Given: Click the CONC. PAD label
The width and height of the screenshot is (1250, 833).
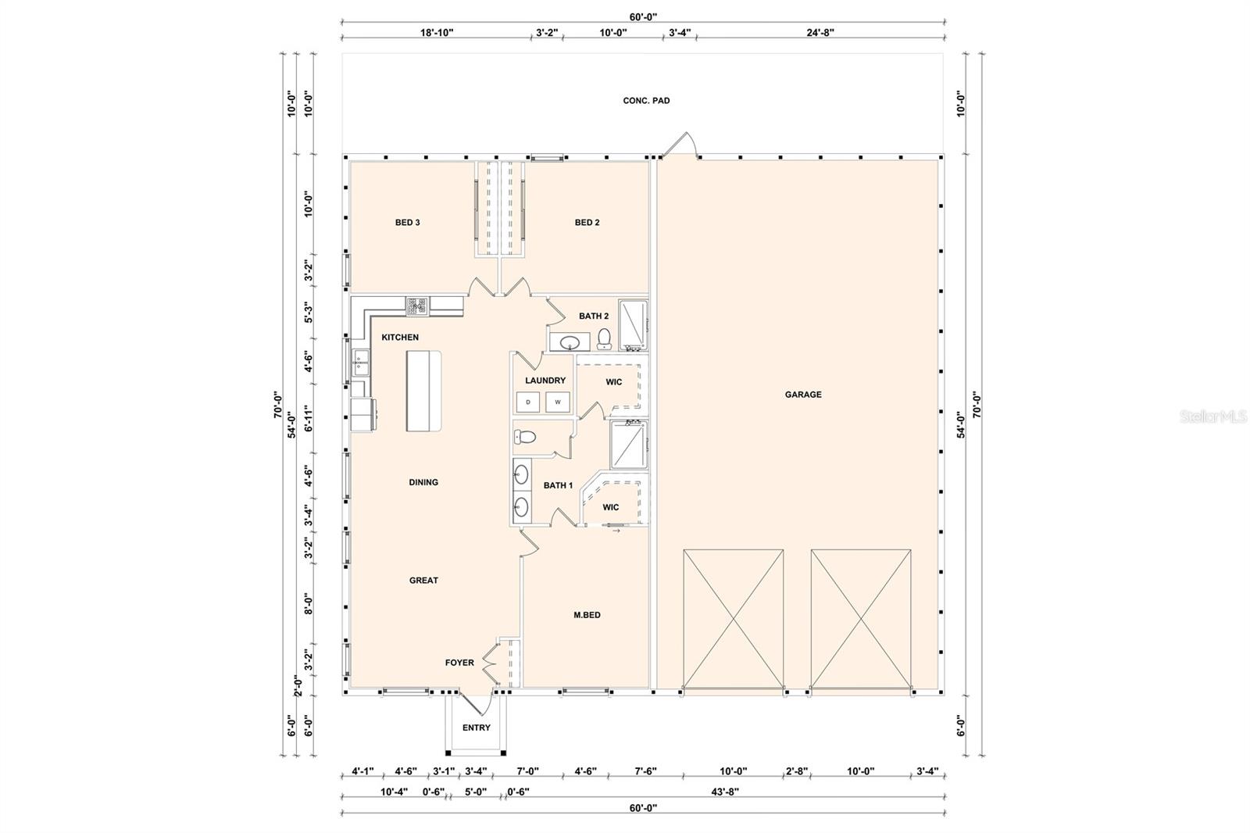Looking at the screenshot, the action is coord(646,101).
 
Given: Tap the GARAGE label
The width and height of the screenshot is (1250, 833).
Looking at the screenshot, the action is coord(803,394).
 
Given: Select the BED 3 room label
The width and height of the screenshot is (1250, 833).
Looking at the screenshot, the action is coord(407,222).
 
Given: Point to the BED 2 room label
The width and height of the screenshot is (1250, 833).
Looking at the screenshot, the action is coord(587,222).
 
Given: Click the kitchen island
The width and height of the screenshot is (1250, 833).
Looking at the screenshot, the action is coord(423,391).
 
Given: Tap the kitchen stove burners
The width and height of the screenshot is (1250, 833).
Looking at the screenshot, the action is coord(417,306).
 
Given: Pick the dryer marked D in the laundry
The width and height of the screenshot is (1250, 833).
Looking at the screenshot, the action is coord(528,402).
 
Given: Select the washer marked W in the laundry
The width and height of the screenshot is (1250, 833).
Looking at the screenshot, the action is coord(558,402).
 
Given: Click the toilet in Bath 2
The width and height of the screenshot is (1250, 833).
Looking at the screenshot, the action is coord(604,339).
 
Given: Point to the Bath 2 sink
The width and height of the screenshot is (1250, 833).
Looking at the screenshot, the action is coord(570,341).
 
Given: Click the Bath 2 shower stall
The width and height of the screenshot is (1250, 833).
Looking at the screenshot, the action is coord(633,325).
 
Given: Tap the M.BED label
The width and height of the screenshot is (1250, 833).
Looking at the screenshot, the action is coord(587,615).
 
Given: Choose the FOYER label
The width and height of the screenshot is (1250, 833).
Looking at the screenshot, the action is coord(459,662).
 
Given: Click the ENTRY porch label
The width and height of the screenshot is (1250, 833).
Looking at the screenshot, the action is coord(476,728).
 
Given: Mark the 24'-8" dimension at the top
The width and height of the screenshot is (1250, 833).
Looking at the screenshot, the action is coord(820,32).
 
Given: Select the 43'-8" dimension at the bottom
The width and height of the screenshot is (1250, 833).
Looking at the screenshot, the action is coord(725,791).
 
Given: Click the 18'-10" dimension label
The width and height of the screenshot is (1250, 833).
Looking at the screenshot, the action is coord(437,32).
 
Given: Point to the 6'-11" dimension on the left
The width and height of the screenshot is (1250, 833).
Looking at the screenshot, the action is coord(308,419).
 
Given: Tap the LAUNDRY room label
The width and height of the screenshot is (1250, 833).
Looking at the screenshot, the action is coord(545,381).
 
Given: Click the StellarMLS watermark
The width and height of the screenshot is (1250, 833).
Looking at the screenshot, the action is coord(1213,417).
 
